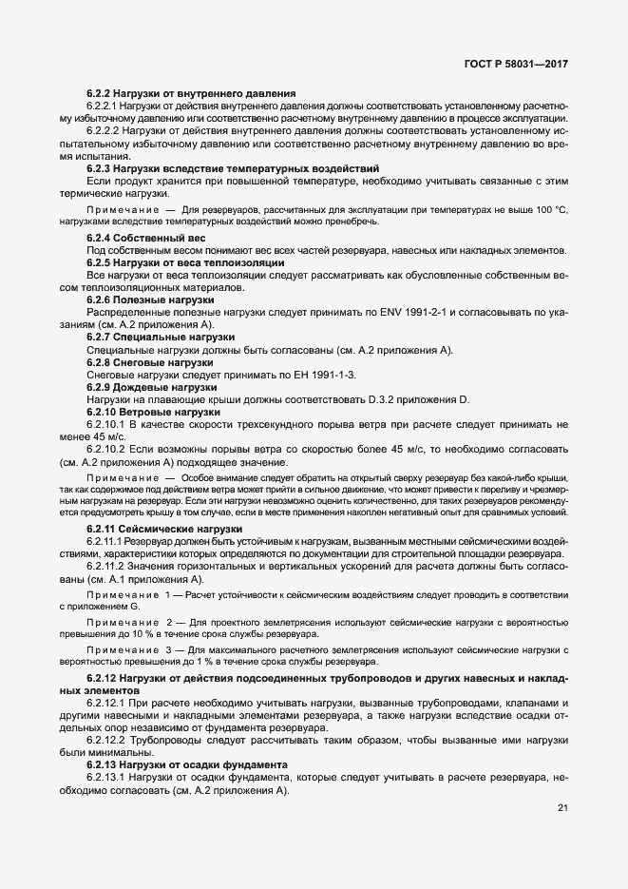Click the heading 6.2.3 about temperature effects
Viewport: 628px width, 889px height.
213,167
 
